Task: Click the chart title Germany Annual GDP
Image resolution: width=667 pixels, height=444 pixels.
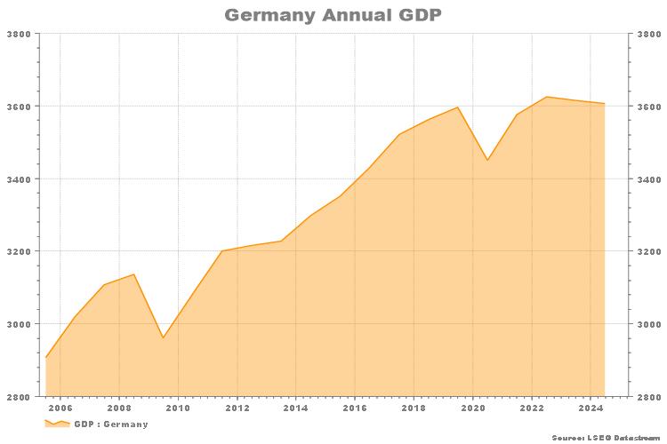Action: (333, 15)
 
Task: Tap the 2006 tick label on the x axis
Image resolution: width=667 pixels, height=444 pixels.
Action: (60, 408)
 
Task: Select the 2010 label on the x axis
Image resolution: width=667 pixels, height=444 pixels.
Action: (178, 408)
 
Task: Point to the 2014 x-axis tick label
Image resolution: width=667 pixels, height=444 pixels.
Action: (296, 408)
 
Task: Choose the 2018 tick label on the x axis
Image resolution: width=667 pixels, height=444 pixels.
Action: (414, 408)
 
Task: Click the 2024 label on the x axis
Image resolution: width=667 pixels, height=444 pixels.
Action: (591, 408)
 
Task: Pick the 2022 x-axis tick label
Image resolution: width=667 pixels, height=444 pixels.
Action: (532, 408)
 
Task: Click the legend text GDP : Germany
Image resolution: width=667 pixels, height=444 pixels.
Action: (111, 424)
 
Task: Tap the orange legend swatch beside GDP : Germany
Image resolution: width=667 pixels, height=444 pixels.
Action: (57, 424)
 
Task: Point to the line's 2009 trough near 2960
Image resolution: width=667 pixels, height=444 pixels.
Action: (163, 337)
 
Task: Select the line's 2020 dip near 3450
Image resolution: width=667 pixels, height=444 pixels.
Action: (487, 160)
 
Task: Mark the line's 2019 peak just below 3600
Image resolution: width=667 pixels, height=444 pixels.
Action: (458, 107)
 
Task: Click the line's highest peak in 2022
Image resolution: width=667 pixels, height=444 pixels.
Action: (546, 97)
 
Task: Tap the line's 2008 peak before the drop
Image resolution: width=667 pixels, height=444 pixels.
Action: (133, 274)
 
